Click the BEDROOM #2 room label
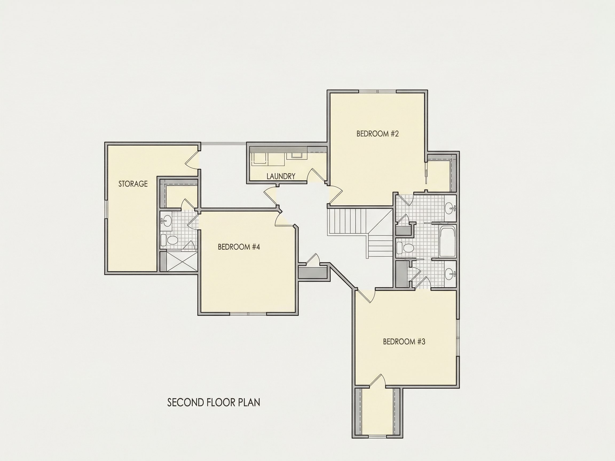point(377,134)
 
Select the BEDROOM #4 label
point(239,247)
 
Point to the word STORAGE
point(133,184)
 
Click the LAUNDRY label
point(281,176)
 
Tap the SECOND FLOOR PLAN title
point(214,402)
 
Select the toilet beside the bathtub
point(405,248)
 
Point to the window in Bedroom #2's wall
point(377,92)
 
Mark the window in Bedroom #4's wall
point(248,314)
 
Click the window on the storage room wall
point(106,208)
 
